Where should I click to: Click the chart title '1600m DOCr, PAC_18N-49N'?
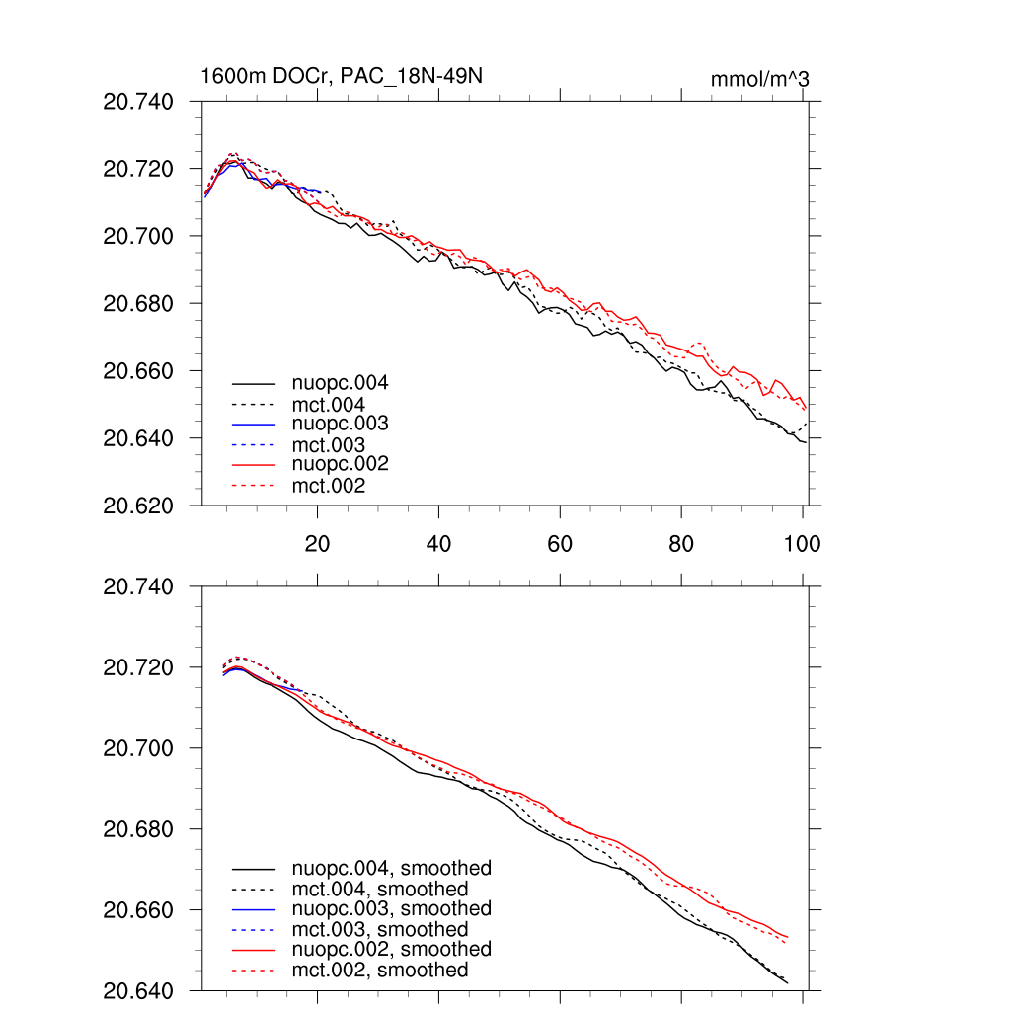click(341, 77)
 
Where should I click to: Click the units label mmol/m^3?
click(759, 79)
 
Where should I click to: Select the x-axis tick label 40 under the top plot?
click(438, 544)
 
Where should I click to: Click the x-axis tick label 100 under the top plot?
click(803, 544)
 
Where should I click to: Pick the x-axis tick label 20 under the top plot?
click(317, 544)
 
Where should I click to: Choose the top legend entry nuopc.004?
click(340, 382)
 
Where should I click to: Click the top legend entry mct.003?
click(328, 444)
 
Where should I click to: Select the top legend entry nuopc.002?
click(340, 464)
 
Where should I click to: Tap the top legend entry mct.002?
click(328, 486)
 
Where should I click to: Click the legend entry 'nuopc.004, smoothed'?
click(391, 869)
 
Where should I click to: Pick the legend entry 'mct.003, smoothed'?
click(379, 929)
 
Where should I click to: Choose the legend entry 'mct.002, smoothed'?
click(379, 971)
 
